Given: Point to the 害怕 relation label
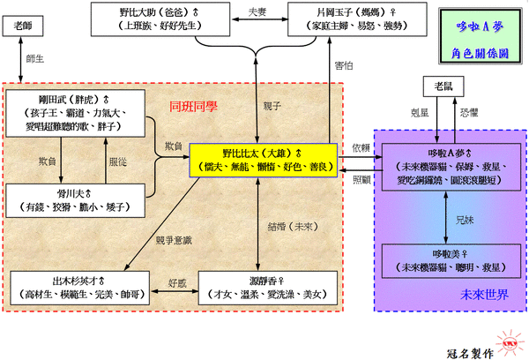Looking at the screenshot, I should coord(344,64).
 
